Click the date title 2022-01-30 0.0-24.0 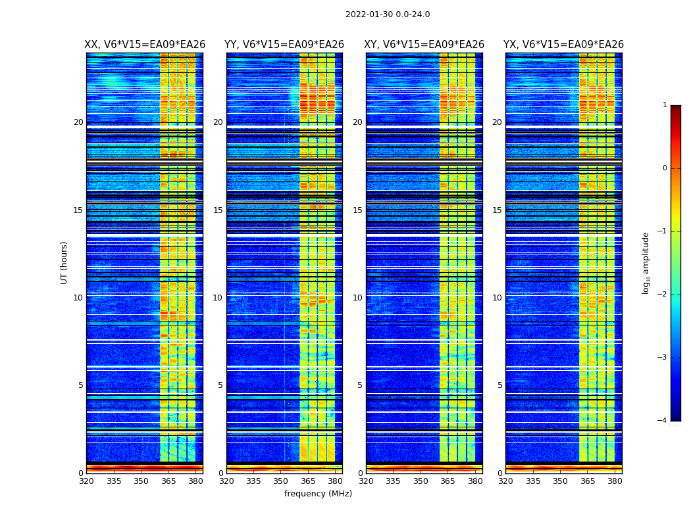[388, 14]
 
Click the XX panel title [145, 45]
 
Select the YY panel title [284, 45]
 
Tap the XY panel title [424, 45]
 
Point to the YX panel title [563, 45]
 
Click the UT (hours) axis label [64, 262]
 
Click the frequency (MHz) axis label [318, 494]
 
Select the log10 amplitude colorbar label [646, 262]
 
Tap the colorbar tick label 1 [665, 105]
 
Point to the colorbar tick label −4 [663, 421]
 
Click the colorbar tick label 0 [665, 168]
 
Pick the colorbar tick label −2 [663, 295]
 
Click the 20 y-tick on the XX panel [78, 122]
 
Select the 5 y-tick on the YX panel [500, 385]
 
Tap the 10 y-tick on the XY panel [357, 298]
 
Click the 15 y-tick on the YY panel [218, 210]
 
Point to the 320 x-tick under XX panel [86, 481]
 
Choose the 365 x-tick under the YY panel [308, 481]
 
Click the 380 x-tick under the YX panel [615, 481]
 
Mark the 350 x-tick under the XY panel [421, 481]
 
